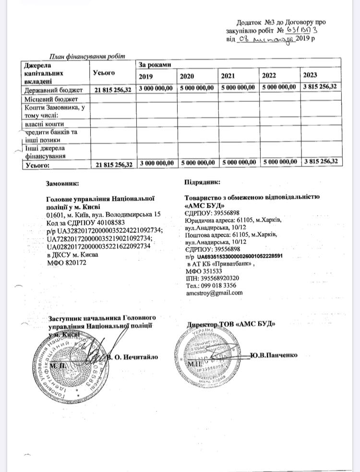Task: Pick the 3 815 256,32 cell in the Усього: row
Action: (x=321, y=162)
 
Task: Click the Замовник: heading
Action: (x=63, y=183)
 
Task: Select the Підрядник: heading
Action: (x=202, y=182)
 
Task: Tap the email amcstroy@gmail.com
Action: (x=214, y=292)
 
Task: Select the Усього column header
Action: (x=104, y=73)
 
